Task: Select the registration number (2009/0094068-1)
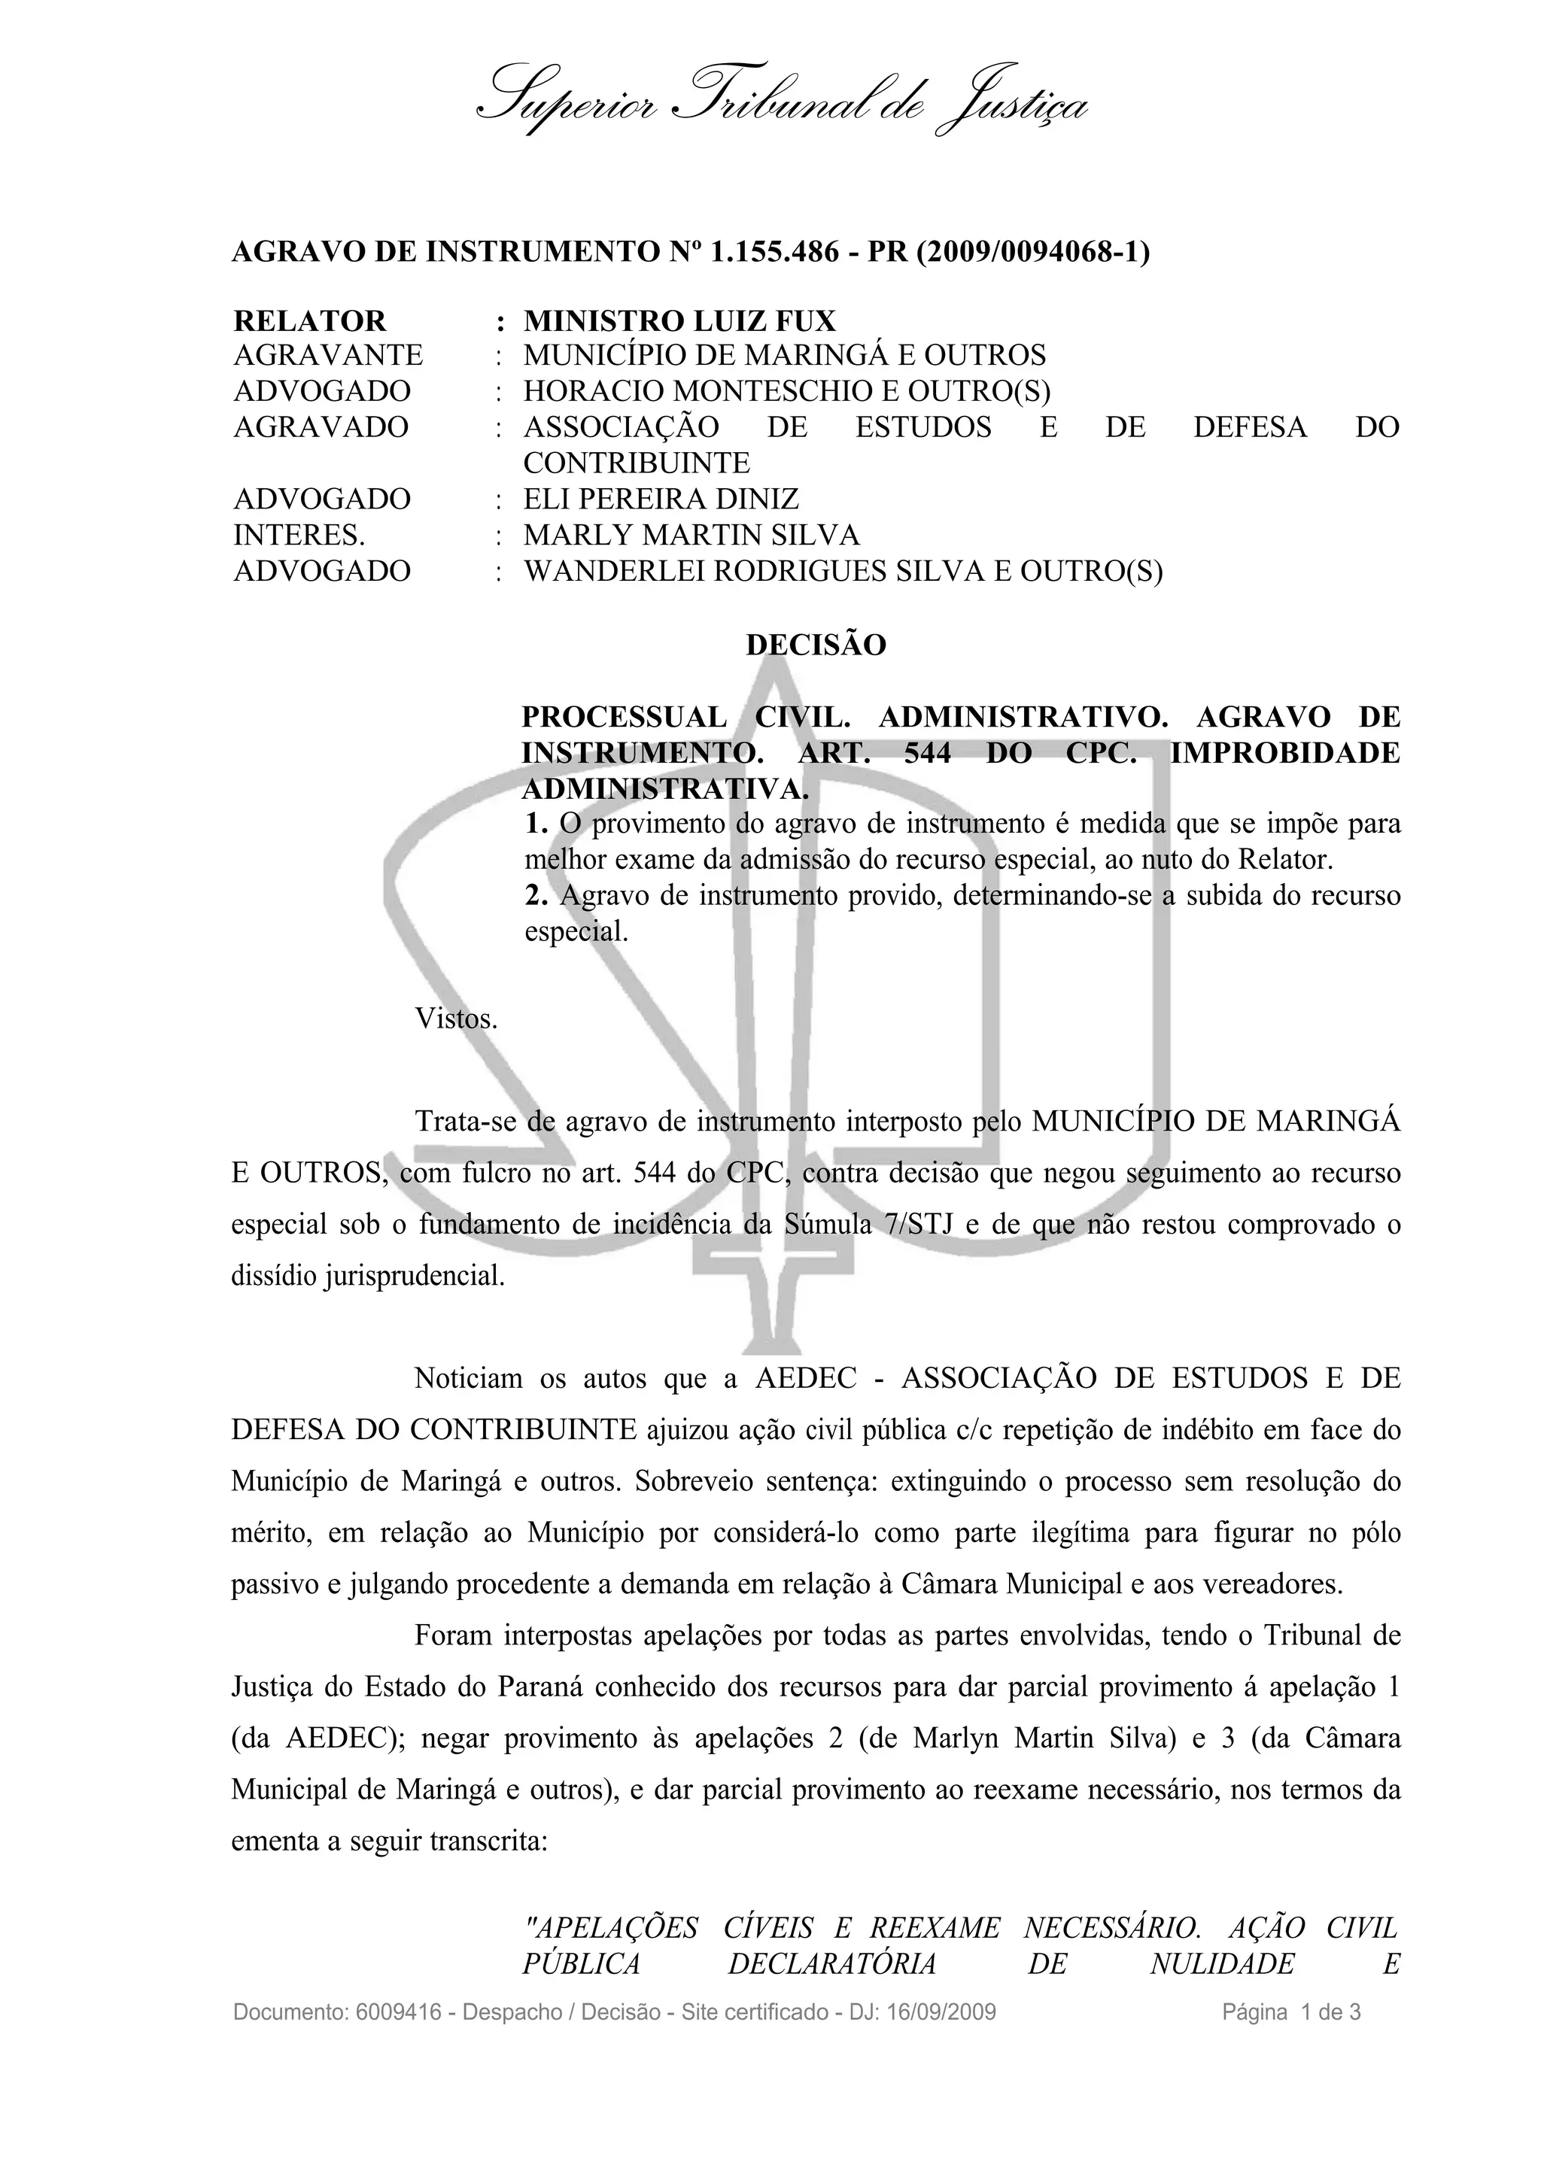click(1032, 253)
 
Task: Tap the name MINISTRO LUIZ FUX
click(679, 321)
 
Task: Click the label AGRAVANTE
click(327, 356)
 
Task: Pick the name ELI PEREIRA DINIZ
click(661, 499)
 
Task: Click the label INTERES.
click(299, 536)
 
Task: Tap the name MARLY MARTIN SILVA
click(691, 536)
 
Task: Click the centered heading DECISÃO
click(816, 645)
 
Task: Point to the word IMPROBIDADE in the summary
click(1284, 753)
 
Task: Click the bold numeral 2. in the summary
click(536, 895)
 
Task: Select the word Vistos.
click(456, 1020)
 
